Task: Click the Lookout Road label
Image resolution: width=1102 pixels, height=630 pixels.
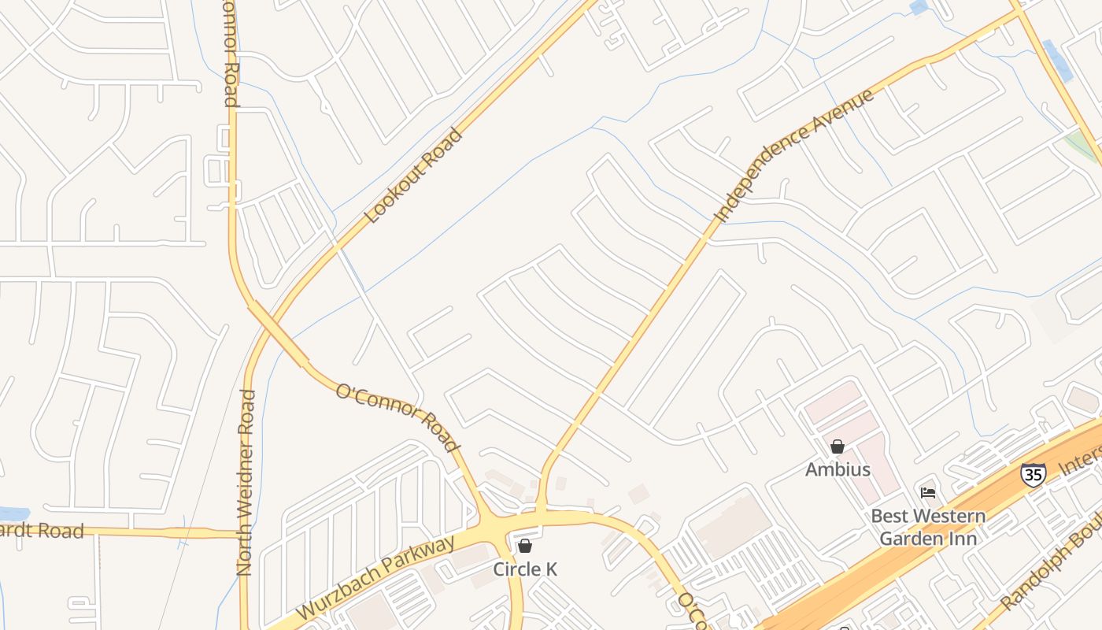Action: [x=413, y=176]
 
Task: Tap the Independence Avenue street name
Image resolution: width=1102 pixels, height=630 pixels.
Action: [x=794, y=154]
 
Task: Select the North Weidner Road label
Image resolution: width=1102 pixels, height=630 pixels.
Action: [x=246, y=482]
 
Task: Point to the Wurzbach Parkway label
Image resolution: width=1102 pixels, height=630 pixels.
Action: [x=376, y=580]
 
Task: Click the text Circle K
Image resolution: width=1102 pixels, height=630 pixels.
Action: [x=525, y=569]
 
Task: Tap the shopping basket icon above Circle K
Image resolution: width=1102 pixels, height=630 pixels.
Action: [x=525, y=546]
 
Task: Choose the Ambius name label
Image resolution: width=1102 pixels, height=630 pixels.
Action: [x=838, y=469]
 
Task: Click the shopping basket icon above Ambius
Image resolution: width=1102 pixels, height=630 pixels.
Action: [x=838, y=447]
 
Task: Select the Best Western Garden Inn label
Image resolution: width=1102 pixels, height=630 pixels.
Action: [x=928, y=528]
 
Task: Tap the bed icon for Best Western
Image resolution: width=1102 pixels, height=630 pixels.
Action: [x=928, y=493]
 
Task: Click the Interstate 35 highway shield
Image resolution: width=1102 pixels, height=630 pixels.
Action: [x=1033, y=474]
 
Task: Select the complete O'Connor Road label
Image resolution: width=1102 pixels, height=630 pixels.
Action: [x=398, y=417]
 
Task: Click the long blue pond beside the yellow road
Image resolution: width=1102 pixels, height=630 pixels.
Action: [x=1058, y=60]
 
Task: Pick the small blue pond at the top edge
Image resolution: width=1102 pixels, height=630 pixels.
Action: [x=918, y=7]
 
